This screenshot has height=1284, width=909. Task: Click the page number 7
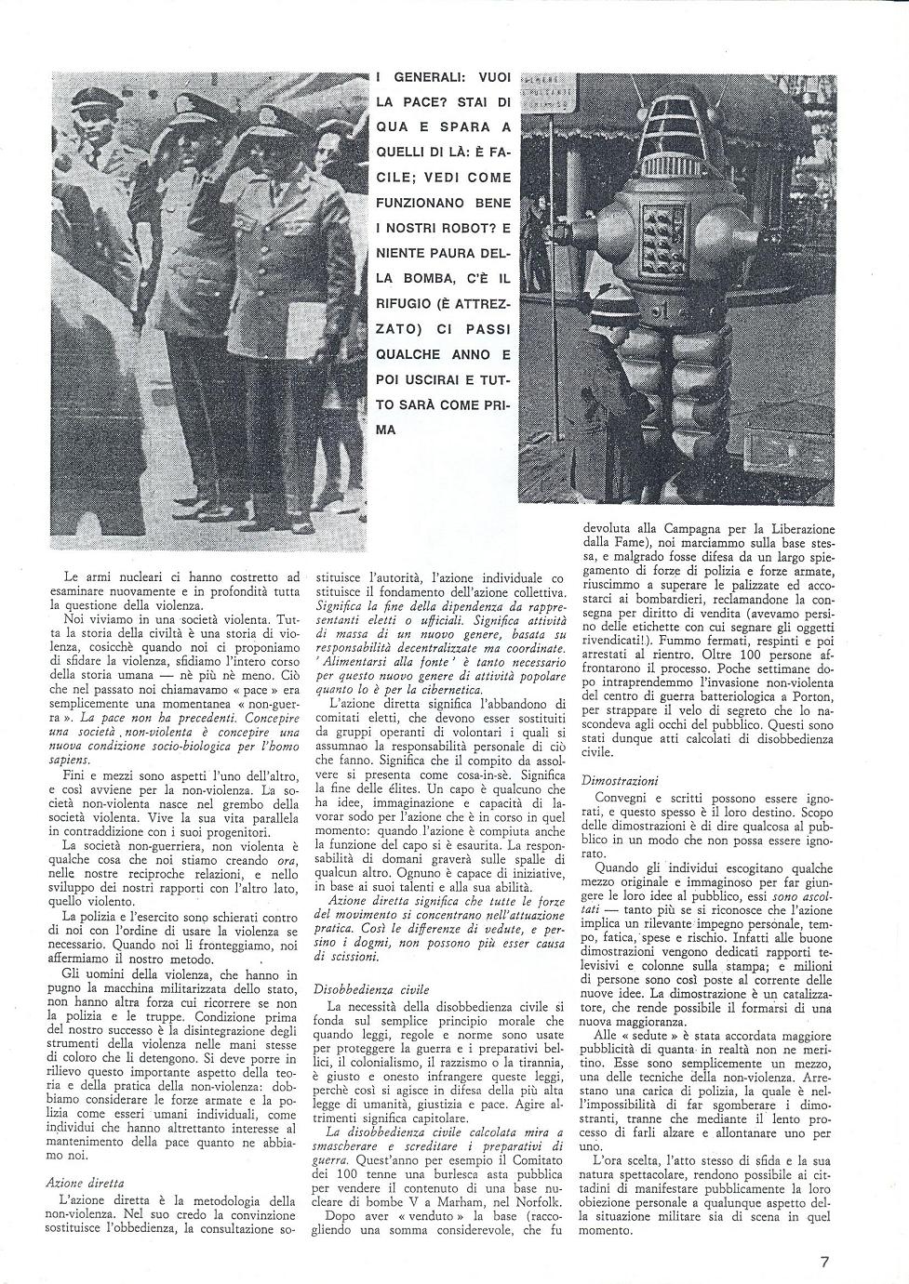click(825, 1261)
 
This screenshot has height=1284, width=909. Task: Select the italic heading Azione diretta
click(85, 1184)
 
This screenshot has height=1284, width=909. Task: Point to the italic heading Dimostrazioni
click(620, 781)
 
